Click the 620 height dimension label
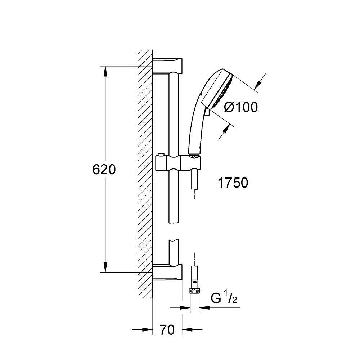104,170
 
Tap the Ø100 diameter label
241,107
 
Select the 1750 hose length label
233,183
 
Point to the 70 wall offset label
167,330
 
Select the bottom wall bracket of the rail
167,272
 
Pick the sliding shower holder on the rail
178,163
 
